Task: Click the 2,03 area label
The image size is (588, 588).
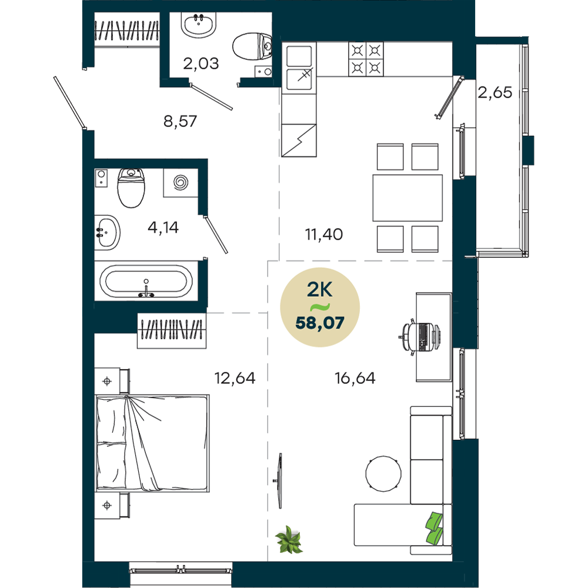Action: (x=201, y=64)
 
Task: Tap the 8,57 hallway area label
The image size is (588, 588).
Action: (x=180, y=121)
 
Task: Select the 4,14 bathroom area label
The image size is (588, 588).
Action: (x=163, y=227)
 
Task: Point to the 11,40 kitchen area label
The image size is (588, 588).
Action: (x=323, y=235)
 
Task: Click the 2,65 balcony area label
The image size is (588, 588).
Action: (x=495, y=92)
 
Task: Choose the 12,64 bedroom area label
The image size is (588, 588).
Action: (x=235, y=378)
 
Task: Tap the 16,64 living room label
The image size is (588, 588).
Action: (x=355, y=378)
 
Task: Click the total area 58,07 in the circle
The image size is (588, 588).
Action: (x=320, y=323)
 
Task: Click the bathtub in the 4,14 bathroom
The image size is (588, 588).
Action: (x=146, y=281)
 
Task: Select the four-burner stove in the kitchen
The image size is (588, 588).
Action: (x=366, y=59)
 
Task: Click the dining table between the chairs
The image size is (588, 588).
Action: (x=407, y=198)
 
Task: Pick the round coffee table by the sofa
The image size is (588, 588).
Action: (x=383, y=473)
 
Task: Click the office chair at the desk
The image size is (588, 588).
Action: (x=419, y=337)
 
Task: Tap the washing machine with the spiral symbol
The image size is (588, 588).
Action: (x=181, y=183)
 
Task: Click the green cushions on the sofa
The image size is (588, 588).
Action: (x=435, y=528)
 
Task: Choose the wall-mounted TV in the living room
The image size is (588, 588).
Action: (x=279, y=481)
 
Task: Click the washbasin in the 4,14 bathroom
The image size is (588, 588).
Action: (x=107, y=232)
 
